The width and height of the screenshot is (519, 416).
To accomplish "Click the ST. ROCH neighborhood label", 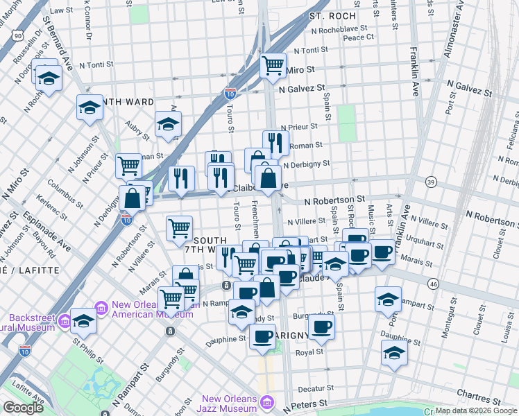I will (332, 15).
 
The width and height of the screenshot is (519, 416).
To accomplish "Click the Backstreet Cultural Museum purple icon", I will (65, 320).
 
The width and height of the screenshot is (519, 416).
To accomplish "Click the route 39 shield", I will (431, 182).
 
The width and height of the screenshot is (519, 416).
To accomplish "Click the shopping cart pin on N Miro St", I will (273, 66).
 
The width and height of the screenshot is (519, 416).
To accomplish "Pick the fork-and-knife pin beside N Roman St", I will (275, 144).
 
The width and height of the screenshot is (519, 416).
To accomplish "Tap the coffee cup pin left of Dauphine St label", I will (262, 337).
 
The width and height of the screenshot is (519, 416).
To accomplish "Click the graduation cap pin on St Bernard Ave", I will (90, 107).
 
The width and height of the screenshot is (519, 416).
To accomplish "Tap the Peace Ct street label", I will (358, 37).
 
